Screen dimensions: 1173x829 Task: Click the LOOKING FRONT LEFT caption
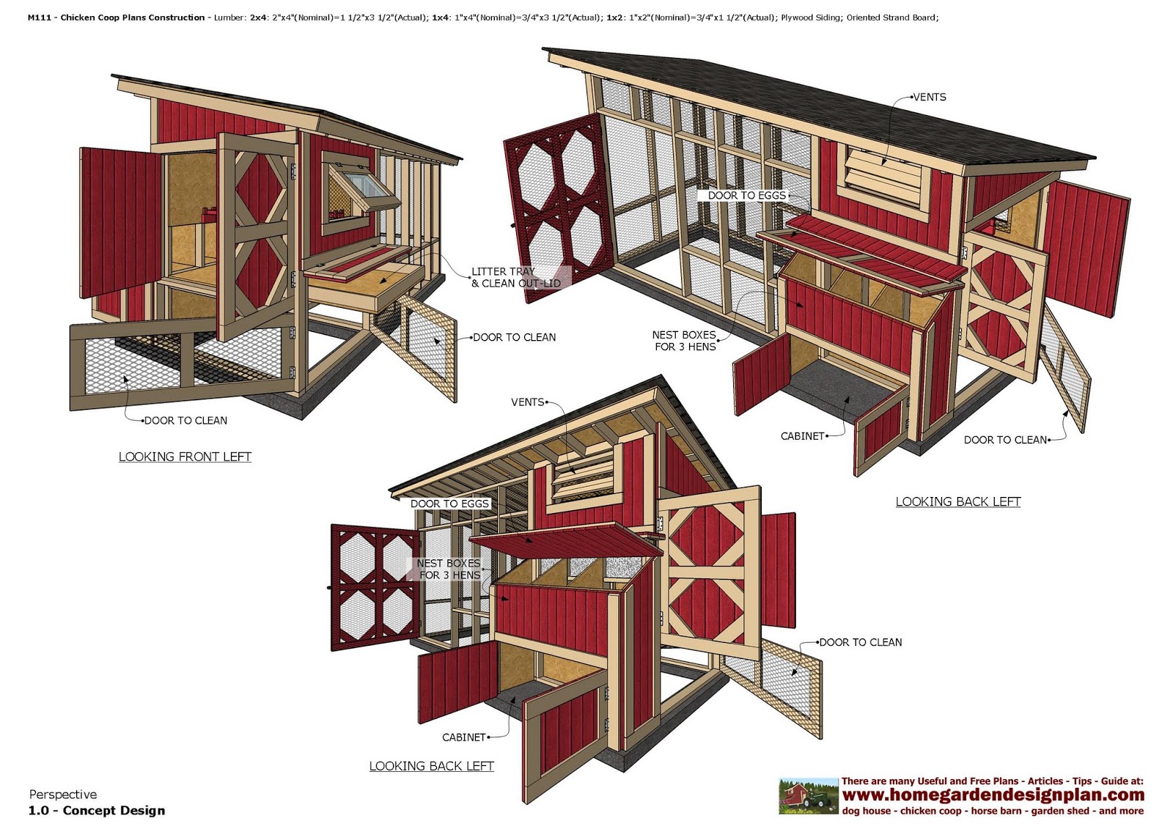(x=185, y=457)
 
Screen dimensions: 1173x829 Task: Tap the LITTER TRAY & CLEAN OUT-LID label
(x=515, y=277)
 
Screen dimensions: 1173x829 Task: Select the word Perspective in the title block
(x=63, y=795)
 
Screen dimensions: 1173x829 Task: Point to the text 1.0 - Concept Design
(x=97, y=811)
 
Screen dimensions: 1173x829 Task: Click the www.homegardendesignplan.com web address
(x=993, y=795)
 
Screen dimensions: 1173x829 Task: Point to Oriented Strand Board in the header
(x=891, y=18)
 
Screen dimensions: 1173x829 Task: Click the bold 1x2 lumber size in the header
(x=615, y=18)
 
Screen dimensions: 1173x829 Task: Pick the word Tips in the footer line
(x=1082, y=781)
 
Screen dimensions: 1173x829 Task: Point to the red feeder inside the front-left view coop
(x=210, y=213)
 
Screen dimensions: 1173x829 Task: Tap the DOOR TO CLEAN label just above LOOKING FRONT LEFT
(x=185, y=421)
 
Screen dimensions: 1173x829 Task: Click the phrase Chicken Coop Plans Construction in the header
(x=133, y=18)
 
